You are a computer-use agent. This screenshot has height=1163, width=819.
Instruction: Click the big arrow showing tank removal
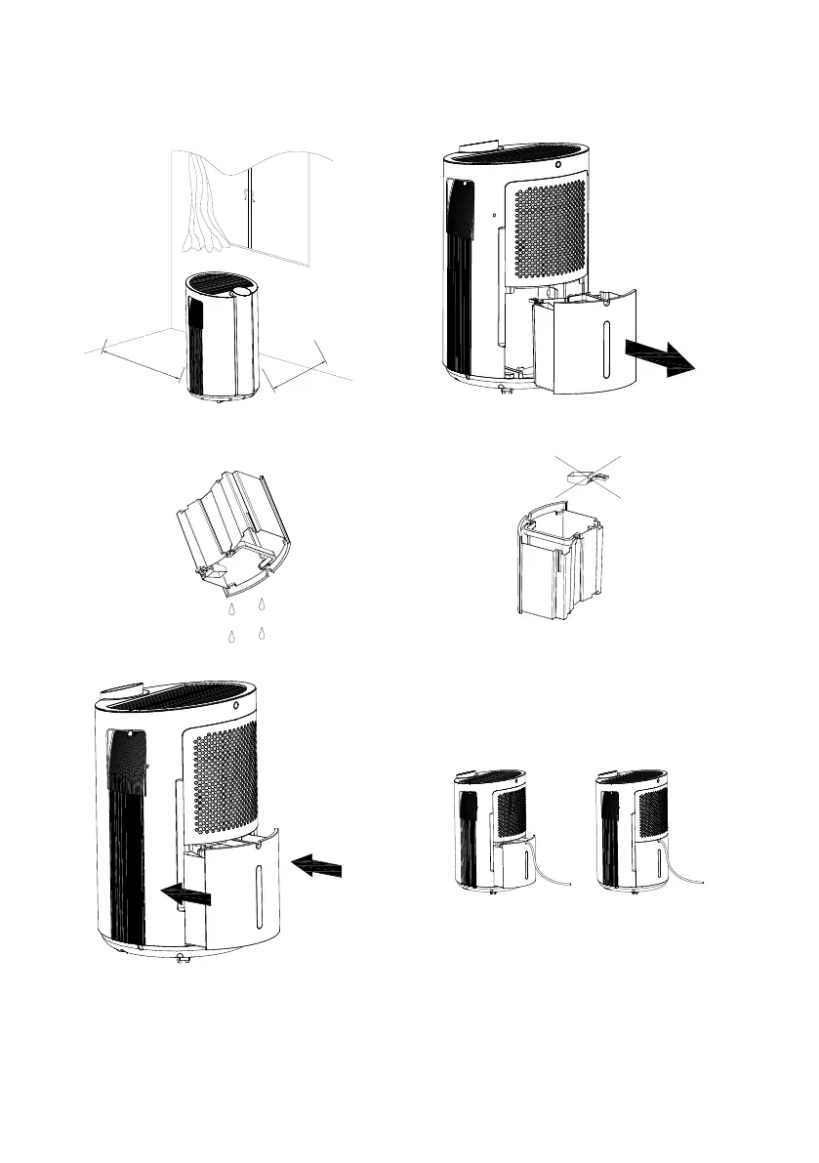[661, 355]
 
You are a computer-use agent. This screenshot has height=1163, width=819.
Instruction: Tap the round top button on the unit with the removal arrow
[557, 164]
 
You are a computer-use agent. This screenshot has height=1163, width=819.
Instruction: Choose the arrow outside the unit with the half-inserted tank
[317, 864]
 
